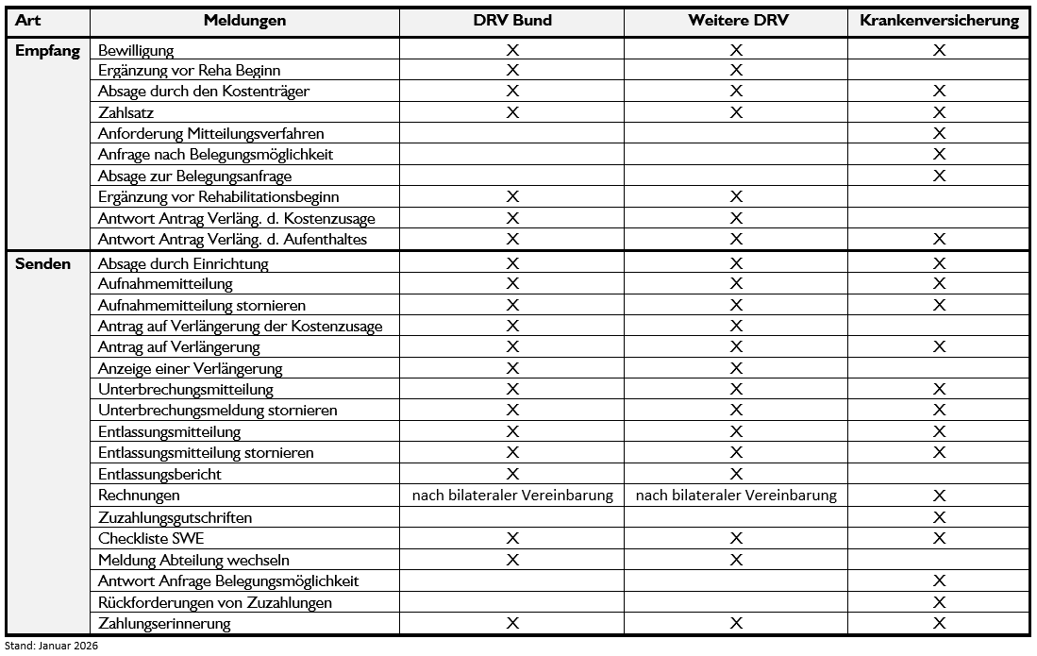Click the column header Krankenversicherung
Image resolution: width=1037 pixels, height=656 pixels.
coord(939,21)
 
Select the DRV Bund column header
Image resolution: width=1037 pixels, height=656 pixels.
coord(512,21)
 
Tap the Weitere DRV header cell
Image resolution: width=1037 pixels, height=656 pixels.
coord(736,21)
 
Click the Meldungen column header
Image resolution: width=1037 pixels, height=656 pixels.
coord(244,21)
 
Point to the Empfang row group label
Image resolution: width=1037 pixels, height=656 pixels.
coord(46,50)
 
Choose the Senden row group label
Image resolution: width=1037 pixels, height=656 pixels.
coord(43,263)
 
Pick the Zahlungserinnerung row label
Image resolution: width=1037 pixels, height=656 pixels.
coord(164,623)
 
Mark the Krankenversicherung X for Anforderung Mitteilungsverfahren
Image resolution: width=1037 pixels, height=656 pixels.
coord(939,134)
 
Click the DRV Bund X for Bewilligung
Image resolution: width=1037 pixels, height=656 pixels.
coord(512,50)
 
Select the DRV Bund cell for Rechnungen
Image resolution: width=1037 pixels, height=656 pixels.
coord(512,496)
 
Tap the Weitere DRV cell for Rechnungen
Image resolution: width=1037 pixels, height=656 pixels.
coord(736,496)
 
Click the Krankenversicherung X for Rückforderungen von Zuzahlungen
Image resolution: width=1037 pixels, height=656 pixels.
coord(939,602)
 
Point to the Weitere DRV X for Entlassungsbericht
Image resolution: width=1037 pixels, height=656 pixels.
coord(736,474)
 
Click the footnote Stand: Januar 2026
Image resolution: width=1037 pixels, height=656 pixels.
coord(50,646)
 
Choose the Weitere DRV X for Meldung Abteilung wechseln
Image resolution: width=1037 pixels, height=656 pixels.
coord(736,560)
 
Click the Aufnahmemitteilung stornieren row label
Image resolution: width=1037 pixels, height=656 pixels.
coord(202,306)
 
